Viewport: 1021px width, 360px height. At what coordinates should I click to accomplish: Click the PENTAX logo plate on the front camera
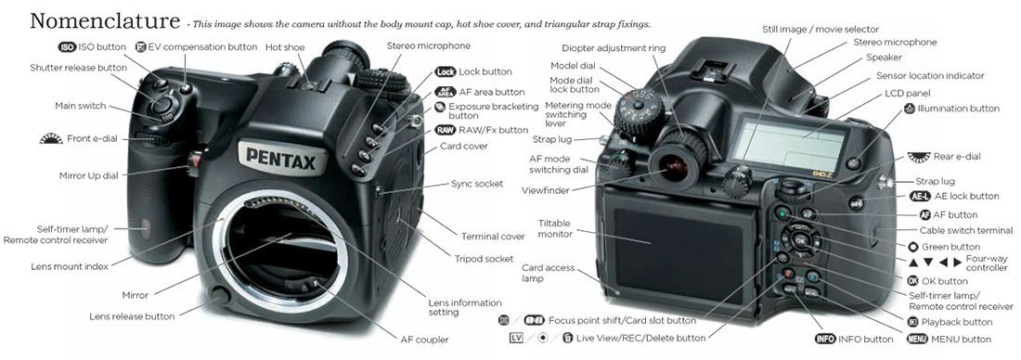tap(280, 158)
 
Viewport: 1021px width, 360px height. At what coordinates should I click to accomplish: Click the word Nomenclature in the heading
tap(105, 20)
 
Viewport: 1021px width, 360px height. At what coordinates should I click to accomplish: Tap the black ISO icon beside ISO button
tap(67, 47)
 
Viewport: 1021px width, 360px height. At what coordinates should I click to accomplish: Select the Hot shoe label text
tap(285, 47)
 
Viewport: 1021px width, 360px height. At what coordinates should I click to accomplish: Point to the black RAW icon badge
tap(445, 130)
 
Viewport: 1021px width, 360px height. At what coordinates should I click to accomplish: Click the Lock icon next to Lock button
tap(446, 71)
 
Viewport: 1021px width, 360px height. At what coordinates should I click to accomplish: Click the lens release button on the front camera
tap(222, 296)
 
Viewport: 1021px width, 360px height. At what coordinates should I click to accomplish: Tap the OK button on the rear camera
tap(800, 241)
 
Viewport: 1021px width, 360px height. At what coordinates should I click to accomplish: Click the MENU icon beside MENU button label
tap(916, 339)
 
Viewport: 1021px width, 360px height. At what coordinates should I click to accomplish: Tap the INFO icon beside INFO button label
tap(825, 339)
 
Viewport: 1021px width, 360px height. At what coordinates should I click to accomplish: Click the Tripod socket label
tap(484, 259)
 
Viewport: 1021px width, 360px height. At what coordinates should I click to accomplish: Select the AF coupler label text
tap(424, 340)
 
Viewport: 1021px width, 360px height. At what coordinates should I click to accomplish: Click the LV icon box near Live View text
tap(516, 338)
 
